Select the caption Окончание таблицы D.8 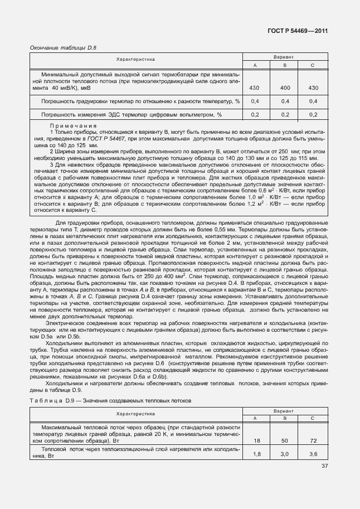pos(63,48)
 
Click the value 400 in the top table pos(285,88)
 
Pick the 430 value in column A pos(255,88)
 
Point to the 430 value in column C pos(313,88)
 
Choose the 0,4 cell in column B pos(285,101)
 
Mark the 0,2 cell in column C pos(313,114)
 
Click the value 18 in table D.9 pos(256,440)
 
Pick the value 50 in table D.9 pos(285,440)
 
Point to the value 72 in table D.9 pos(313,440)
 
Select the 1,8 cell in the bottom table pos(256,454)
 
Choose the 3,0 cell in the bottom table pos(285,454)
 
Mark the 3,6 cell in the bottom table pos(313,454)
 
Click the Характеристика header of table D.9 pos(135,414)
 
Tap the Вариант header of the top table pos(284,57)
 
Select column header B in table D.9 pos(285,418)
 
